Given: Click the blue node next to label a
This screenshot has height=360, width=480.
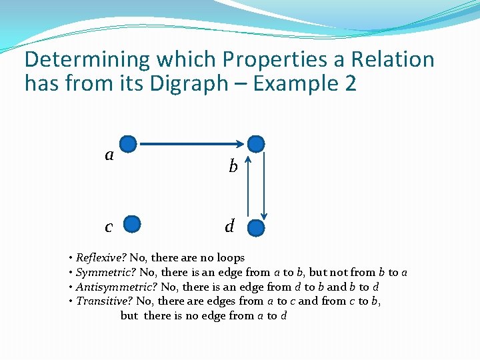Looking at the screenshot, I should [129, 143].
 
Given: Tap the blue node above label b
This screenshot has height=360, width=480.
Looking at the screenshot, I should [256, 143].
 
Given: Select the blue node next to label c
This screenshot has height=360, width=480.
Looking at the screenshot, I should [133, 225].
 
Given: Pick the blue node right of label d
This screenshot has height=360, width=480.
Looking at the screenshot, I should [256, 227].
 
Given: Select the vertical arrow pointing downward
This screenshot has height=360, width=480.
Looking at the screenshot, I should [265, 187].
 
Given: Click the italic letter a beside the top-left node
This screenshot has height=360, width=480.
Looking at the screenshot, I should [109, 155].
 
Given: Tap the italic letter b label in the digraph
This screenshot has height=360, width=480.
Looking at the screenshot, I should [233, 167].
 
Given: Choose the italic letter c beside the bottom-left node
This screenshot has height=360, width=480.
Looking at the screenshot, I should [109, 227].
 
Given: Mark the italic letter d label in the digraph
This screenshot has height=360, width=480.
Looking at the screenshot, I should [229, 227].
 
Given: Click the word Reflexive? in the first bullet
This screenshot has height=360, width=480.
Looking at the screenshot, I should [101, 258].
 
